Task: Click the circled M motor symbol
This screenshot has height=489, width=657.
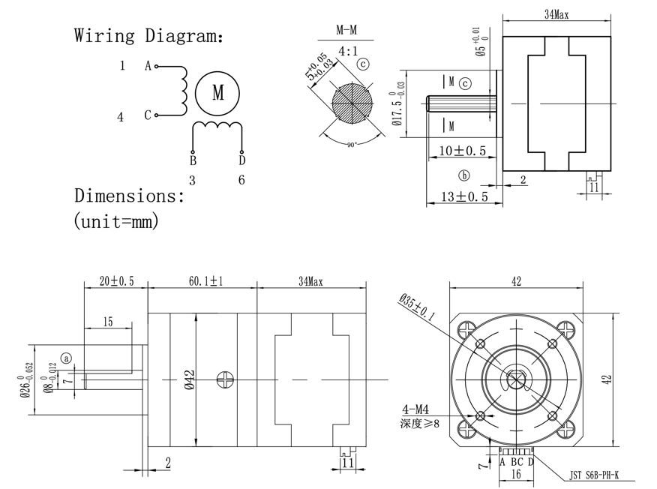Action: click(217, 93)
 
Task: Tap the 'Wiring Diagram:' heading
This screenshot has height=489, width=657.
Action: click(148, 35)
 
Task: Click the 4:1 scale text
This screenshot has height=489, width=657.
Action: click(348, 51)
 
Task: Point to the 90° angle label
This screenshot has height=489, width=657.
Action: click(350, 144)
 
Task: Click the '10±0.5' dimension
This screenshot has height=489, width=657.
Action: click(462, 151)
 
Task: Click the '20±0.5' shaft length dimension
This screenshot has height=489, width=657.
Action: click(115, 281)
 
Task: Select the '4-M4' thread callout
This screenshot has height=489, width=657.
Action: click(414, 409)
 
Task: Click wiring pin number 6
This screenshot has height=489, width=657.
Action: click(241, 180)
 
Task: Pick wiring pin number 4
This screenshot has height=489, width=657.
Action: click(120, 117)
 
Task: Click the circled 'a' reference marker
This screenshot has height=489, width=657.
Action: click(67, 359)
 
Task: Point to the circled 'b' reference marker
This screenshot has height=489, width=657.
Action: click(464, 175)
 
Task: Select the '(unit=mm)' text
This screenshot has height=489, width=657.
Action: click(116, 221)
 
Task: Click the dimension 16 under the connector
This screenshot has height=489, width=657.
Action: click(516, 475)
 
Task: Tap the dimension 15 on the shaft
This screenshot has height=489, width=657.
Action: click(108, 322)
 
